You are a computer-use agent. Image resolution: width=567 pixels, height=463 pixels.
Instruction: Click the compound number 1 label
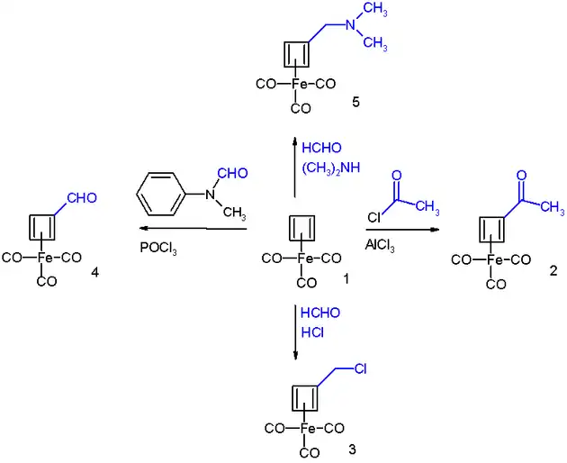point(345,281)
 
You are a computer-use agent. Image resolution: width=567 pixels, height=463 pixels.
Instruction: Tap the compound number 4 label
point(95,271)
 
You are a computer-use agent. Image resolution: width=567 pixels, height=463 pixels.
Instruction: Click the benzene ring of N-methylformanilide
point(165,195)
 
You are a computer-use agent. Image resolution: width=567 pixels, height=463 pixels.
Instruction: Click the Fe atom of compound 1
point(301,259)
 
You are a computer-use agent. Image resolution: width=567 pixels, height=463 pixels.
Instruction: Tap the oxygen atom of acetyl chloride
point(397,175)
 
